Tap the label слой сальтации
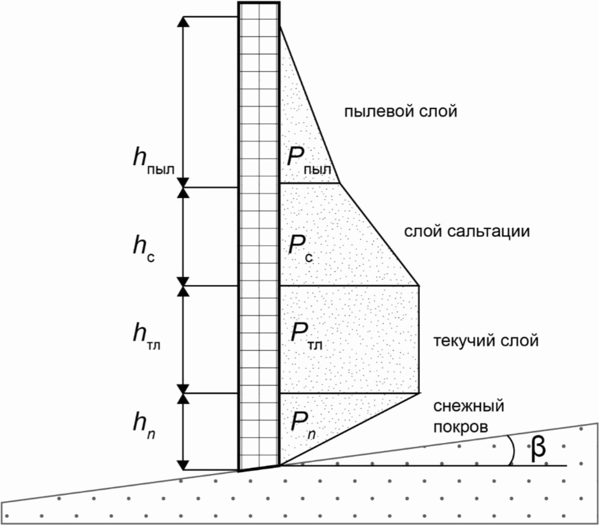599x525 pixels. [x=467, y=231]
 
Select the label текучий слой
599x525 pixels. [x=486, y=341]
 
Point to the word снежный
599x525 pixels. [x=469, y=406]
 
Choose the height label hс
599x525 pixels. [x=144, y=249]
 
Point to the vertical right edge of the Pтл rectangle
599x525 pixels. [x=419, y=339]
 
